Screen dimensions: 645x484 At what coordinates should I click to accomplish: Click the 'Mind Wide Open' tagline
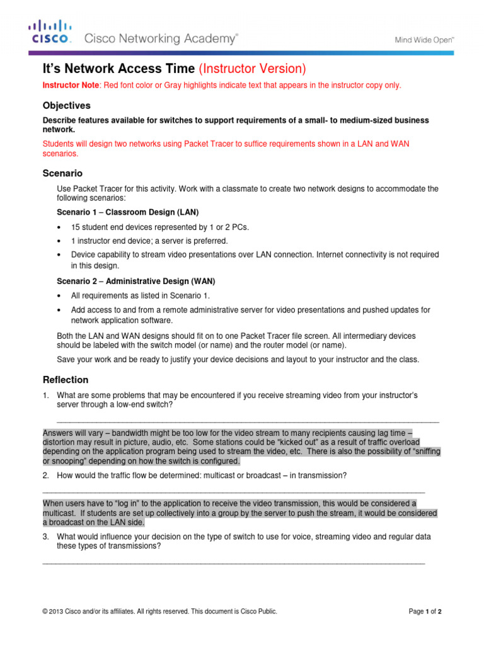(424, 39)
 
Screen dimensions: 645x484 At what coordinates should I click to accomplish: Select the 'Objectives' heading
(66, 105)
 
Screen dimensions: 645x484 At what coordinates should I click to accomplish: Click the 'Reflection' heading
(65, 380)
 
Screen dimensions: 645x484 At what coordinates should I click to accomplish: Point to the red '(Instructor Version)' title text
(252, 69)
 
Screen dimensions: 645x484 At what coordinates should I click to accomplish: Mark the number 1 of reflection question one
(45, 395)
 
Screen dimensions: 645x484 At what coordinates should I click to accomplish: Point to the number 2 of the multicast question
(45, 475)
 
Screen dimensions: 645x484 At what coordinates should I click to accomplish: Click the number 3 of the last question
(45, 536)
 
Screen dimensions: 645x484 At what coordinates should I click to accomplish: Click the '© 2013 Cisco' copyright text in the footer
(69, 611)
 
